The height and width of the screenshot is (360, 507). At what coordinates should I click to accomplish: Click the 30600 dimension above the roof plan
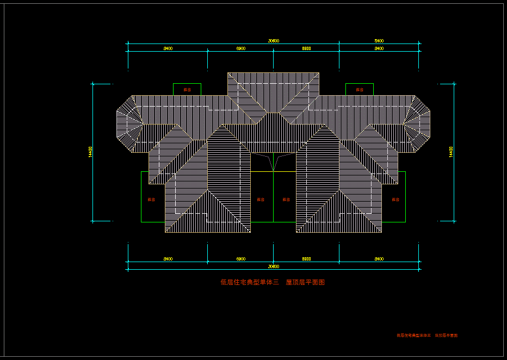click(274, 41)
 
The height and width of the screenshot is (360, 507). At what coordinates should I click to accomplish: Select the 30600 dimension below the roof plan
click(274, 266)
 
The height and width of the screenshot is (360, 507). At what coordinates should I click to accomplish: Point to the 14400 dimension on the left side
click(90, 152)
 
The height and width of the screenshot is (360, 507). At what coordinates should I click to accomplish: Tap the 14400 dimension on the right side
click(451, 152)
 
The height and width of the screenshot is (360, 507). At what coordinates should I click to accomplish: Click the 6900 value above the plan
click(240, 48)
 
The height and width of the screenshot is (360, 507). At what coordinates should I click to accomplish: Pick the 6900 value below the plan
click(240, 259)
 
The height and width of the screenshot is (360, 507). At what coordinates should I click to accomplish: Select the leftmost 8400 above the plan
click(168, 48)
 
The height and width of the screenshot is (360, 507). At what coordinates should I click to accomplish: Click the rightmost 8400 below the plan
click(379, 259)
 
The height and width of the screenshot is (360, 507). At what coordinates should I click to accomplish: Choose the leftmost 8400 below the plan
click(168, 259)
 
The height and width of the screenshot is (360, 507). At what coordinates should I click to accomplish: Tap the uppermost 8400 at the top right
click(379, 41)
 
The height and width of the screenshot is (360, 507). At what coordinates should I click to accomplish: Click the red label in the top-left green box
click(187, 90)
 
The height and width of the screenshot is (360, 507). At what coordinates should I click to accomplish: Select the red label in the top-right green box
click(360, 90)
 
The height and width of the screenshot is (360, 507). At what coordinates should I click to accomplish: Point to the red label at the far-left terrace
click(151, 200)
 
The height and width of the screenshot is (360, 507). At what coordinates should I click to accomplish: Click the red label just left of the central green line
click(261, 200)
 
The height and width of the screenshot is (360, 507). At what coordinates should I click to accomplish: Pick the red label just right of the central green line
click(286, 200)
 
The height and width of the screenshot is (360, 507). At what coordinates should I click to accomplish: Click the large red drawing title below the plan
click(273, 282)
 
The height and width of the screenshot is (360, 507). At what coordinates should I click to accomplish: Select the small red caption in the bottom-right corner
click(427, 336)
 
